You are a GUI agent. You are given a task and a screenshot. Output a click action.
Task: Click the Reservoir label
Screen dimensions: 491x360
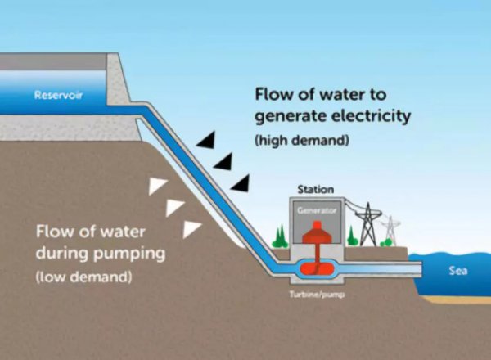[x=58, y=95]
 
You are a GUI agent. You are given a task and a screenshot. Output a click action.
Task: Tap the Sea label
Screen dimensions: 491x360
[x=457, y=271]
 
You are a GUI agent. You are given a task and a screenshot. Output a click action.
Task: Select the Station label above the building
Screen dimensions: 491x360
[x=315, y=189]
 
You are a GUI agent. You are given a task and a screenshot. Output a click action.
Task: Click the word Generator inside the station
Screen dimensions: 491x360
[x=317, y=210]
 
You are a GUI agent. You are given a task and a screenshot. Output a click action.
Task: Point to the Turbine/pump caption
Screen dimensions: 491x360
[x=317, y=295]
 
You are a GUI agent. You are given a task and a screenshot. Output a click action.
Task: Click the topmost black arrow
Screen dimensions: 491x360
[x=206, y=140]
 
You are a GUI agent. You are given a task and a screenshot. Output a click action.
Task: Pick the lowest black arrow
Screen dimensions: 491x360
[x=241, y=183]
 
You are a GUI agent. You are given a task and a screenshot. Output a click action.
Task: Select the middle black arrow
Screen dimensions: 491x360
[x=223, y=161]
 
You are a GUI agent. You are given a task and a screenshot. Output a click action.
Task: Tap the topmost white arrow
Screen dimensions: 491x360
[x=157, y=187]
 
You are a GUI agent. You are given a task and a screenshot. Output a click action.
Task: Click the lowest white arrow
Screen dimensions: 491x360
[x=191, y=229]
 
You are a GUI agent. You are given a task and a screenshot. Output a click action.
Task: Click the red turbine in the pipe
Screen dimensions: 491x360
[x=317, y=268]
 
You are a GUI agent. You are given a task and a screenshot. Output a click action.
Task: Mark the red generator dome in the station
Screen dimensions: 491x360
[x=317, y=233]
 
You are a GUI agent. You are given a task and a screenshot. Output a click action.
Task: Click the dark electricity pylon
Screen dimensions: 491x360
[x=368, y=224]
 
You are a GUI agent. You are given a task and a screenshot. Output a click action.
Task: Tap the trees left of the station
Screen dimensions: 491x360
[x=280, y=237]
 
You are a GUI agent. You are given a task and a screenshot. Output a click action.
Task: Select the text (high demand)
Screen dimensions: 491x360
[x=302, y=141]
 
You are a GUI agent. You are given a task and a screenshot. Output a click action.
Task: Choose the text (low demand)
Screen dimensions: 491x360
[x=84, y=277]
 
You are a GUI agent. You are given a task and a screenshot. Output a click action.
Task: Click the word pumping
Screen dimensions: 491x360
[x=129, y=254]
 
